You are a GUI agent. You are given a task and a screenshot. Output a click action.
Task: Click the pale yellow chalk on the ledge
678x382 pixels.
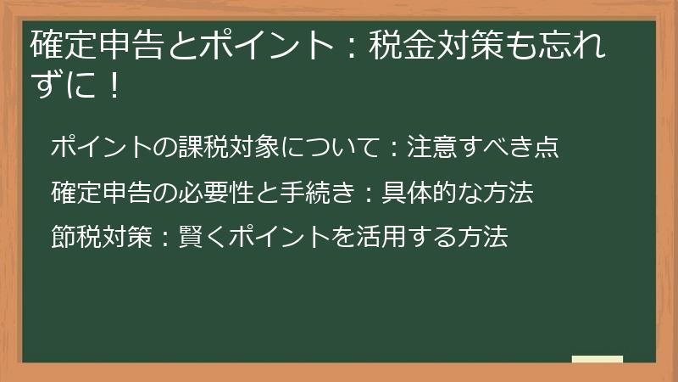click(597, 359)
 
